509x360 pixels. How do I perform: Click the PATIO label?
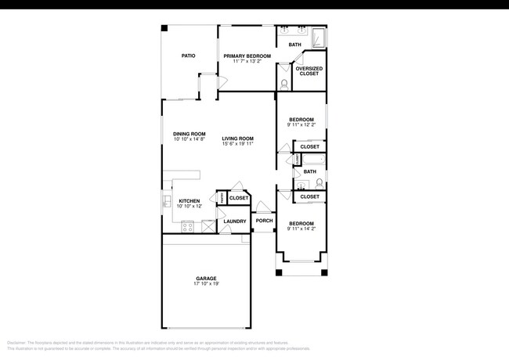(188, 56)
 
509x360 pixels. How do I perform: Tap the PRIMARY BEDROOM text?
(247, 56)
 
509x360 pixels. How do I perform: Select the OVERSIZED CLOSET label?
(308, 71)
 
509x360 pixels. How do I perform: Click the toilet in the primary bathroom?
(283, 82)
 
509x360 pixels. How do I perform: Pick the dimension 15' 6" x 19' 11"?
(237, 144)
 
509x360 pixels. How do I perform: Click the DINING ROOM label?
(190, 134)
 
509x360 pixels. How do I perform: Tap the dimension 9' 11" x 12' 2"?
(301, 124)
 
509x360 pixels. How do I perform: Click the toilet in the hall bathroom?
(319, 184)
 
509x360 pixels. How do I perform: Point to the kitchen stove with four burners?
(188, 227)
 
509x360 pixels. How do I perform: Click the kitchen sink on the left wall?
(168, 202)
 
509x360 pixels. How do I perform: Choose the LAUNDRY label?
(235, 221)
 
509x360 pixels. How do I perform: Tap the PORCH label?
(265, 221)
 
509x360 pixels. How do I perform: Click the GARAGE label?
(206, 278)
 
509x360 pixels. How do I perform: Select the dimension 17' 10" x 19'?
(206, 284)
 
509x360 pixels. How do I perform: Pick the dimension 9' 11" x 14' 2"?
(301, 229)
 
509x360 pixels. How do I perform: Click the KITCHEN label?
(190, 201)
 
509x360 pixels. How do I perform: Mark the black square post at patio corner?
(164, 28)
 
